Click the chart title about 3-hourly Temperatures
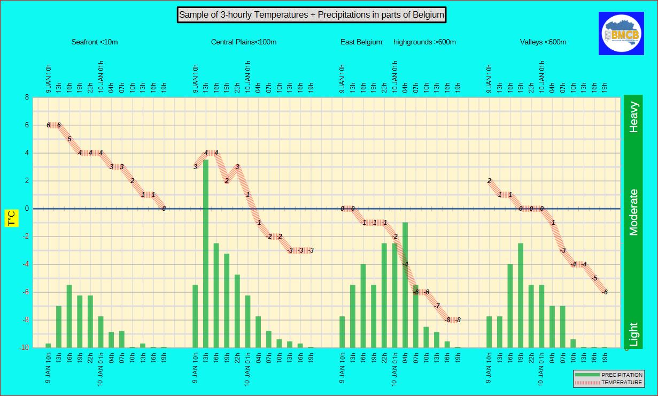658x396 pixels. (311, 15)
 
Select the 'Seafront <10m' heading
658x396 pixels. (95, 42)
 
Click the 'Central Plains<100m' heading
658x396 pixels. (244, 42)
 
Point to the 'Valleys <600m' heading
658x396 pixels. (543, 42)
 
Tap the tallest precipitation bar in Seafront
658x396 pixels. (69, 316)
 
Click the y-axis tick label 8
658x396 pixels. (26, 97)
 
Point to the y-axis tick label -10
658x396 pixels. (24, 348)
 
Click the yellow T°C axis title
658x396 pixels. (12, 218)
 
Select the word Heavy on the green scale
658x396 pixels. (634, 117)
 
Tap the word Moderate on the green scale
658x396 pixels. (634, 212)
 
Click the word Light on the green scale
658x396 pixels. (634, 334)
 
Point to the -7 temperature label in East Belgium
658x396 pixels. (437, 306)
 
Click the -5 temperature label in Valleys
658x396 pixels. (594, 278)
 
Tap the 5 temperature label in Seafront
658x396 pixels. (69, 139)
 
